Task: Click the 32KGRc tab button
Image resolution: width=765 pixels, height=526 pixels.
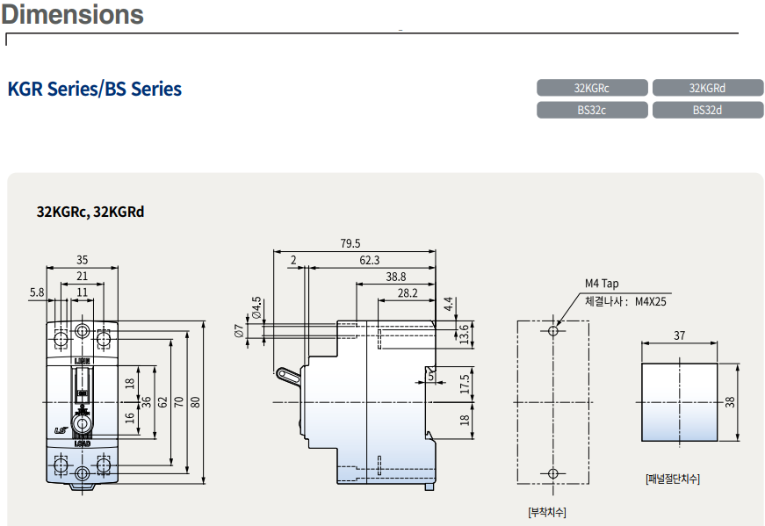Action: (x=592, y=88)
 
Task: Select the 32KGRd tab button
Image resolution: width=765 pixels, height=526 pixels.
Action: (x=707, y=88)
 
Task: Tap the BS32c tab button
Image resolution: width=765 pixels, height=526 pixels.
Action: (x=592, y=111)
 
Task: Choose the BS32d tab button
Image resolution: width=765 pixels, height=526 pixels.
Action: (x=707, y=111)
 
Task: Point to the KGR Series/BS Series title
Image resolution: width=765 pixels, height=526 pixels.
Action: (x=95, y=89)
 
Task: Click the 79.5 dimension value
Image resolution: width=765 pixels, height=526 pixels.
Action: (x=350, y=244)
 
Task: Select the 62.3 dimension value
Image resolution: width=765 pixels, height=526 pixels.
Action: (x=370, y=260)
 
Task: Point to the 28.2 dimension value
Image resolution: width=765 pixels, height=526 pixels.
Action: (x=407, y=293)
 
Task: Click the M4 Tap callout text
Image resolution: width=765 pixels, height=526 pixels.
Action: (x=603, y=284)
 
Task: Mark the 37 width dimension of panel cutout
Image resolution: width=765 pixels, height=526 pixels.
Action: (x=680, y=335)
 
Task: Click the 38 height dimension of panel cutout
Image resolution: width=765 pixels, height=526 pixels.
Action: (x=730, y=401)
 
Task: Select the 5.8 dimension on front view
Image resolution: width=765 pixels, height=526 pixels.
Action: (x=36, y=292)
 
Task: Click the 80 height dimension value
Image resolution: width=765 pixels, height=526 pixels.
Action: (x=196, y=402)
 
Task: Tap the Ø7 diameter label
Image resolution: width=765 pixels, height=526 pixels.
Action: (x=238, y=330)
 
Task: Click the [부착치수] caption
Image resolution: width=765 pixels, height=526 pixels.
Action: (x=547, y=511)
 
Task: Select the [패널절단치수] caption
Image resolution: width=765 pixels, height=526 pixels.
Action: (x=673, y=479)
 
